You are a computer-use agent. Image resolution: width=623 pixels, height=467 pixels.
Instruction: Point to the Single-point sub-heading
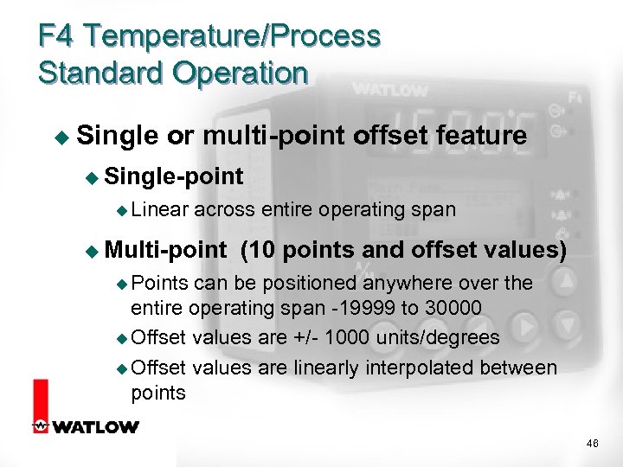click(174, 176)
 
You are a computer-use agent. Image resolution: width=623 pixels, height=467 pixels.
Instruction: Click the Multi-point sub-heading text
click(165, 251)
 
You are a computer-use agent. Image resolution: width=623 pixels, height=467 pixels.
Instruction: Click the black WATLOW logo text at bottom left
click(95, 426)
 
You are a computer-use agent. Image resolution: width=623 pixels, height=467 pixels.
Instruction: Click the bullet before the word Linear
click(121, 210)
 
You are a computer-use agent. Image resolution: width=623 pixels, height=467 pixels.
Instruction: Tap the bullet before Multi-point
click(93, 252)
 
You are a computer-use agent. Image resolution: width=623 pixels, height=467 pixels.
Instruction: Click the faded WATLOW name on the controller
click(389, 90)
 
